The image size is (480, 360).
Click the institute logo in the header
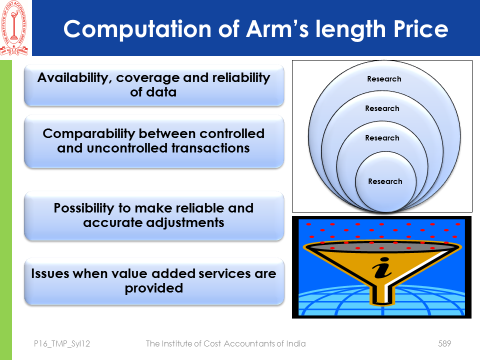tap(15, 28)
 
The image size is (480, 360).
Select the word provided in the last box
tap(153, 288)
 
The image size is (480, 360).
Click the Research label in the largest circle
tap(384, 78)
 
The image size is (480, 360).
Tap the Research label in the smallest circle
tap(385, 181)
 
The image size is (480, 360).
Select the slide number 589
tap(444, 343)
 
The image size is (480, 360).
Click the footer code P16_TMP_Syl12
tap(62, 343)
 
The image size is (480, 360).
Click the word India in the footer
tap(294, 343)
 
